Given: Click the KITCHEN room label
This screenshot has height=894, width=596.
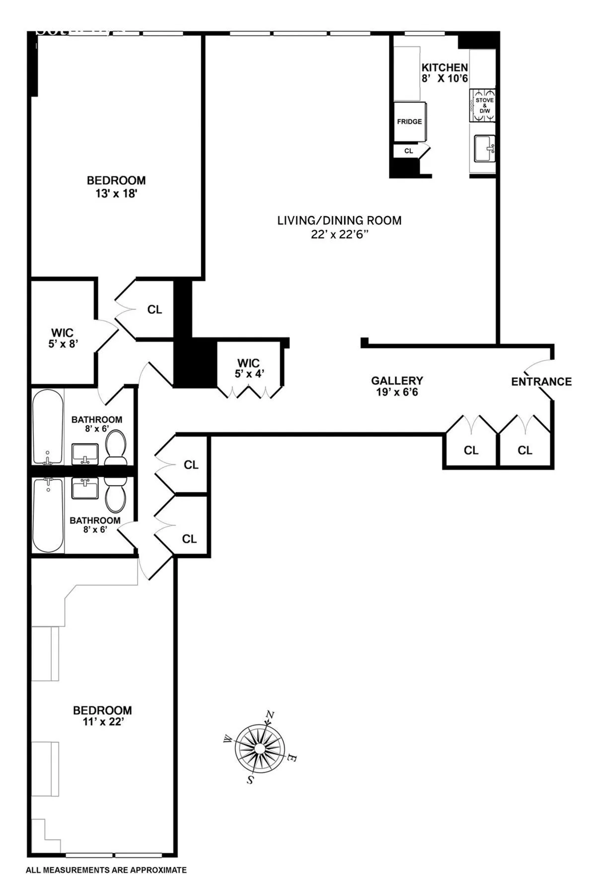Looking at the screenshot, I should pos(445,68).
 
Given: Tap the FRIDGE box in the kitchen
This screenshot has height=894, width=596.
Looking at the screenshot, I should pos(409,122).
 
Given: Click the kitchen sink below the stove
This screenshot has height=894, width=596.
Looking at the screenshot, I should pos(484,148).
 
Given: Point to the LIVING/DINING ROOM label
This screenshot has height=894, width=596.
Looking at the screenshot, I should pos(339,221).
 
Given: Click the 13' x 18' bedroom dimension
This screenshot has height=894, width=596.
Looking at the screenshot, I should pos(116,194).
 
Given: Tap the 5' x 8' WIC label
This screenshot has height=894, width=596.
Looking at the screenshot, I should pos(63,344).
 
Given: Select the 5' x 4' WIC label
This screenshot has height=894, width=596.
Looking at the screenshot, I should pos(249,373).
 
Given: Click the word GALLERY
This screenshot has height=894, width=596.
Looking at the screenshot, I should pos(397,380).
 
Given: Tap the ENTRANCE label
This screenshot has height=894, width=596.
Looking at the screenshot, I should pos(541,381).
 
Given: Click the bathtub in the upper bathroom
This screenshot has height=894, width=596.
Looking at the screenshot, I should pos(48,426).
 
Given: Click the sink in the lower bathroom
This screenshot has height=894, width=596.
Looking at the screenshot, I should pos(85,489).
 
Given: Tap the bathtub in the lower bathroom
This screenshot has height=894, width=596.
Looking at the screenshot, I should pos(48,515).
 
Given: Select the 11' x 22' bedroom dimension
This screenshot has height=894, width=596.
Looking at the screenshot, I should pos(103,722).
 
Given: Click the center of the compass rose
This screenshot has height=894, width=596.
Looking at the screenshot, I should pos(260,748).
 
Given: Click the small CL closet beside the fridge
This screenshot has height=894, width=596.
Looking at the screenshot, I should pos(409,150).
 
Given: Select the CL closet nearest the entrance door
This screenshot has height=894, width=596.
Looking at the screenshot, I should pos(525,450).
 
